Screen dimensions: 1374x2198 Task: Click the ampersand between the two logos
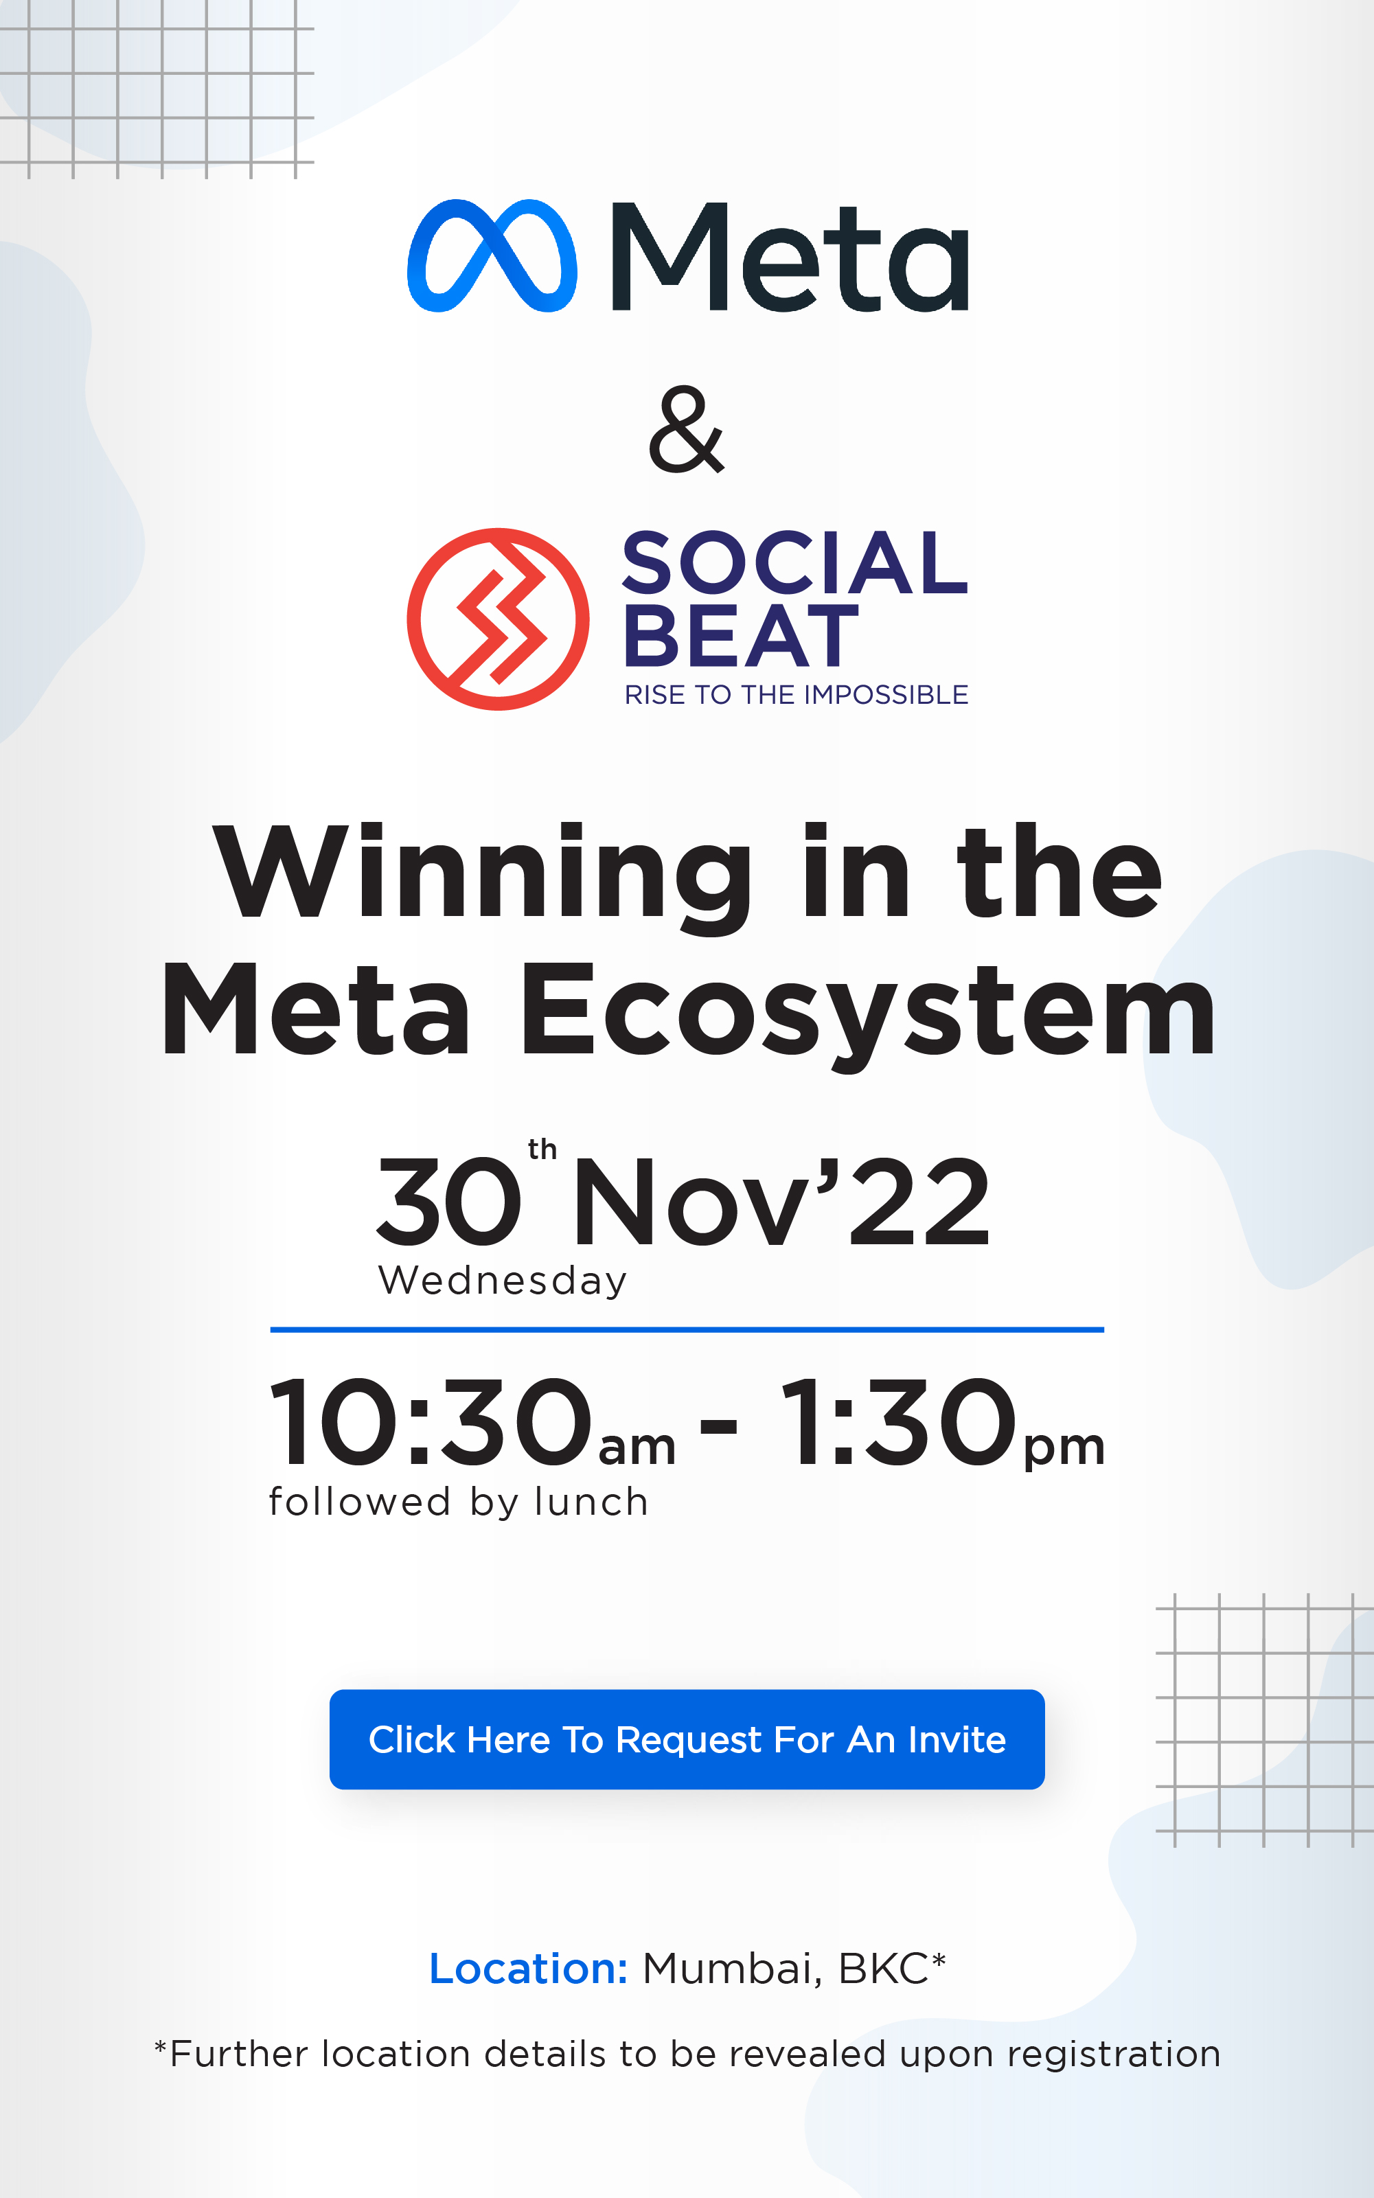pyautogui.click(x=686, y=429)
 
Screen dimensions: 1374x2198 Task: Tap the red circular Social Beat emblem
pyautogui.click(x=498, y=619)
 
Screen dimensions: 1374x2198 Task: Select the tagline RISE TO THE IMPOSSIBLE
pyautogui.click(x=796, y=695)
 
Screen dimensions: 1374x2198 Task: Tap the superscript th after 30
pyautogui.click(x=542, y=1149)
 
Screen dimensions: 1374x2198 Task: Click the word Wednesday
pyautogui.click(x=503, y=1281)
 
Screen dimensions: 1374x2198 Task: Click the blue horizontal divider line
pyautogui.click(x=687, y=1329)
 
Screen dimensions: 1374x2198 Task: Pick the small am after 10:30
pyautogui.click(x=637, y=1447)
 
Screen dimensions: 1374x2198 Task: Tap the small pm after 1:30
pyautogui.click(x=1065, y=1450)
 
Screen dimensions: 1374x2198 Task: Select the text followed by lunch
pyautogui.click(x=459, y=1502)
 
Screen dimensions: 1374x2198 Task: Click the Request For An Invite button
pyautogui.click(x=687, y=1739)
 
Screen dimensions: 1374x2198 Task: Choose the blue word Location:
pyautogui.click(x=528, y=1969)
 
